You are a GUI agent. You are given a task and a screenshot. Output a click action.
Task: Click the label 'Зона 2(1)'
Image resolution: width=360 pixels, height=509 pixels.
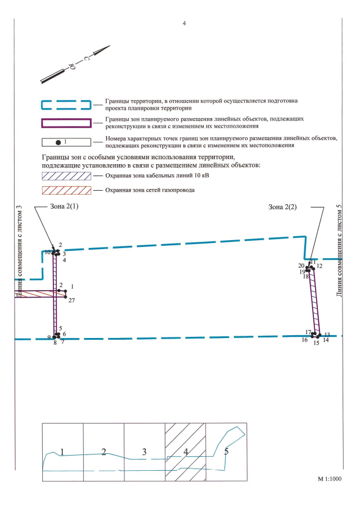click(x=65, y=207)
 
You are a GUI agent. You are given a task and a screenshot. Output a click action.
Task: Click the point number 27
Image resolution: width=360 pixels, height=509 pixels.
click(x=71, y=301)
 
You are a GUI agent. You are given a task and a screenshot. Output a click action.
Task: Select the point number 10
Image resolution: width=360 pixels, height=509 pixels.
click(x=48, y=253)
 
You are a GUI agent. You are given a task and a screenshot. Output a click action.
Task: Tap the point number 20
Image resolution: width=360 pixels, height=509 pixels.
click(x=301, y=265)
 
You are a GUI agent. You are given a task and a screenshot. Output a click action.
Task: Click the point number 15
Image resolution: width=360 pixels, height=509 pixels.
click(x=316, y=343)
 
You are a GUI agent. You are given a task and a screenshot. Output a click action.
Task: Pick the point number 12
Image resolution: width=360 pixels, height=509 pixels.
click(x=319, y=265)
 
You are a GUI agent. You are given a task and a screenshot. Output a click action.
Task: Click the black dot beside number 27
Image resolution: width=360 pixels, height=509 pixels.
click(x=66, y=297)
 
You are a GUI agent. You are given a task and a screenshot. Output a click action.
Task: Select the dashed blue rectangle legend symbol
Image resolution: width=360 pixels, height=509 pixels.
click(x=66, y=104)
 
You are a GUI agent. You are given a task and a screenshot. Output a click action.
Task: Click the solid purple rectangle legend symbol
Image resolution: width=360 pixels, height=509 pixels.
click(x=66, y=123)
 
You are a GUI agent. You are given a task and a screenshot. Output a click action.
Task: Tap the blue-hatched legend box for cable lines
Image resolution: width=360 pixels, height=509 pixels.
click(x=66, y=176)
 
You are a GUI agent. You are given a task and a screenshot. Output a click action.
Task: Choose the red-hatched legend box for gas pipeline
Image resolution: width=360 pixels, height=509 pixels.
click(x=66, y=190)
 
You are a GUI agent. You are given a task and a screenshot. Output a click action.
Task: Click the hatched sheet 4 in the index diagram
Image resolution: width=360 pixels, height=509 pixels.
click(x=185, y=452)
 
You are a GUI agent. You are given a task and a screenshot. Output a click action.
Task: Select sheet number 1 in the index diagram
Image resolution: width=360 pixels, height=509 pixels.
click(x=62, y=452)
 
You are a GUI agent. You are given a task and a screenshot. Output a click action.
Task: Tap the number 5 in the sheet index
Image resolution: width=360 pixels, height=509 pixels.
click(x=226, y=451)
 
